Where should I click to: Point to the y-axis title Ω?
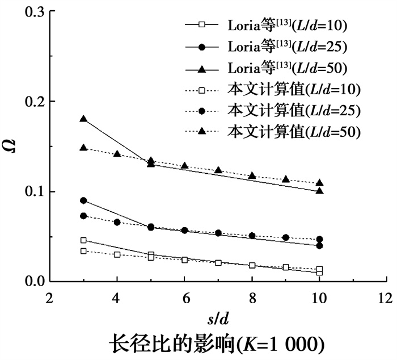12,146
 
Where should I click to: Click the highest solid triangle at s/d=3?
83,119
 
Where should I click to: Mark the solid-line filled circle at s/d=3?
83,200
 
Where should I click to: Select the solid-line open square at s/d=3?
83,240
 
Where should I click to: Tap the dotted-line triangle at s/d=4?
117,154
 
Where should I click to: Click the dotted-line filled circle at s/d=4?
117,222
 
